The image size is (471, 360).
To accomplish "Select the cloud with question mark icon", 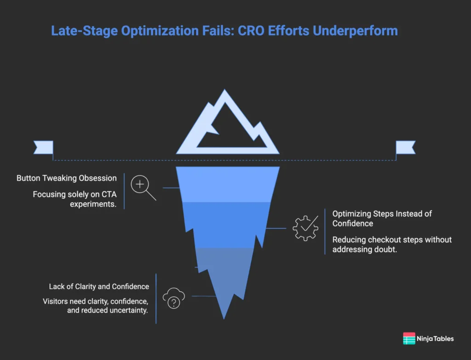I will point(173,298).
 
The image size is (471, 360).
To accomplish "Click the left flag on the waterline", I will point(43,147).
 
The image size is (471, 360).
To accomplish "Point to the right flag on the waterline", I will point(406,147).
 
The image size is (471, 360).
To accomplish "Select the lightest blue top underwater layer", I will point(228,184).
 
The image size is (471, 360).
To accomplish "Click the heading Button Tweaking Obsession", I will point(67,178).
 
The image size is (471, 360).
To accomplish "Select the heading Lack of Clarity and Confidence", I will point(99,286).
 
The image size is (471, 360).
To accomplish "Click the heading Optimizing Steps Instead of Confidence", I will point(382,219).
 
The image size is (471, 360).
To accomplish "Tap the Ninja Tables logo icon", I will point(409,338).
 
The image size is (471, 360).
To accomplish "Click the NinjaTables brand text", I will point(436,338).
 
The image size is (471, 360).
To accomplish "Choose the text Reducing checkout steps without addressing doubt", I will point(392,245).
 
